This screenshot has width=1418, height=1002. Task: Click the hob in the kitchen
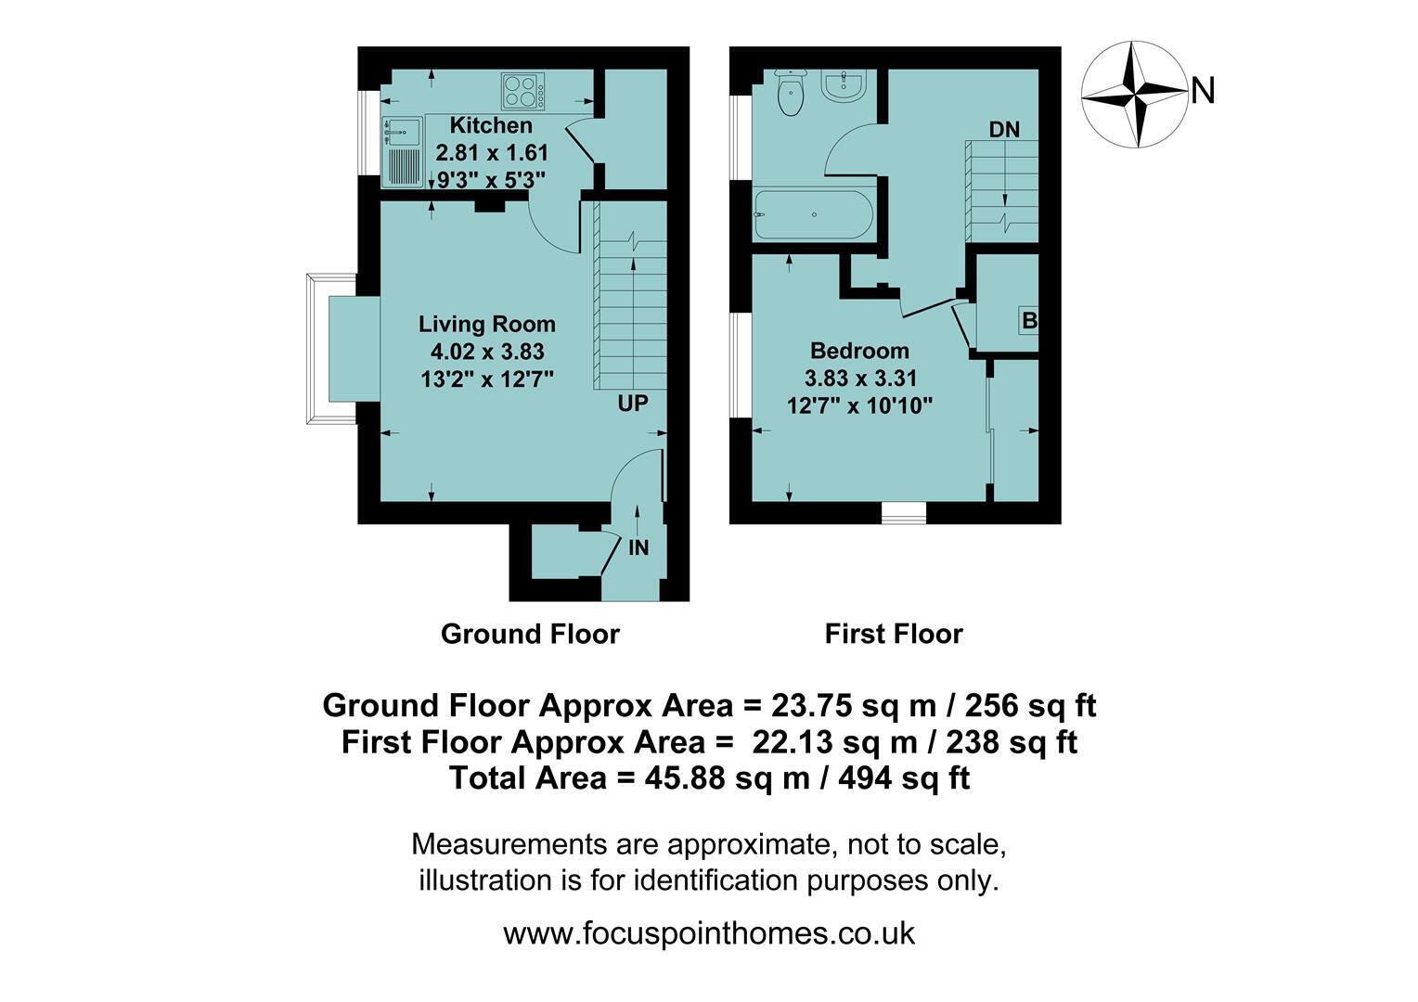point(522,91)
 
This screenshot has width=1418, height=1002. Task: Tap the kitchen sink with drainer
point(402,152)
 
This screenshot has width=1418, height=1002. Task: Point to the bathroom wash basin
point(844,85)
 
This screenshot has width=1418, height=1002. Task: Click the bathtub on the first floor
point(814,214)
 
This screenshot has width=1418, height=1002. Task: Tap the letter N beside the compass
point(1203,91)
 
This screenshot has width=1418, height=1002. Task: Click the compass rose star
point(1134,95)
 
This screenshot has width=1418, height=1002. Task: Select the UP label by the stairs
point(633,404)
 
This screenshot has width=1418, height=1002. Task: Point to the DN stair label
point(1005,130)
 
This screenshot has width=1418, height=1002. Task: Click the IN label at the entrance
point(638,547)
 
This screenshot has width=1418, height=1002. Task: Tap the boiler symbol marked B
point(1028,321)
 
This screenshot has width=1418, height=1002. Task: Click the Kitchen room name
point(491,125)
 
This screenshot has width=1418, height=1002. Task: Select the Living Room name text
point(487,324)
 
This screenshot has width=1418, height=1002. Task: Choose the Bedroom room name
point(859,351)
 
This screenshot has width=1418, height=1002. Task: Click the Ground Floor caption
point(530,635)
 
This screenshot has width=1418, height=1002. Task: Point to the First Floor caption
point(894,635)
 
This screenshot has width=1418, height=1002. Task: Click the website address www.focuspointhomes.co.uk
point(709,933)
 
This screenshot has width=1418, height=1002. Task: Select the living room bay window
point(331,349)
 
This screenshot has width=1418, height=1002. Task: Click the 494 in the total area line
point(865,777)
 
